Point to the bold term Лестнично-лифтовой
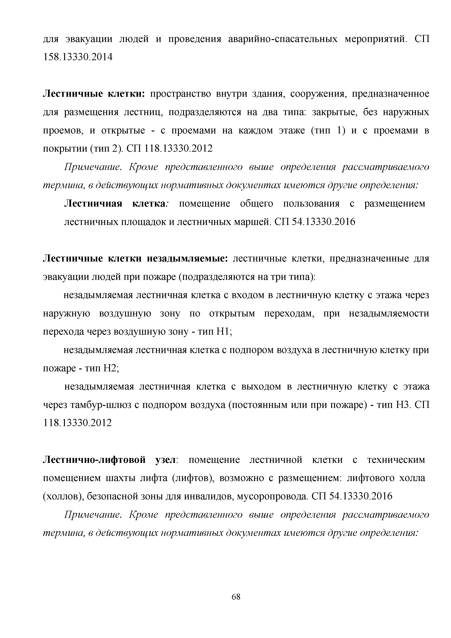[x=94, y=460]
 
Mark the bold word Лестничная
[x=93, y=204]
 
